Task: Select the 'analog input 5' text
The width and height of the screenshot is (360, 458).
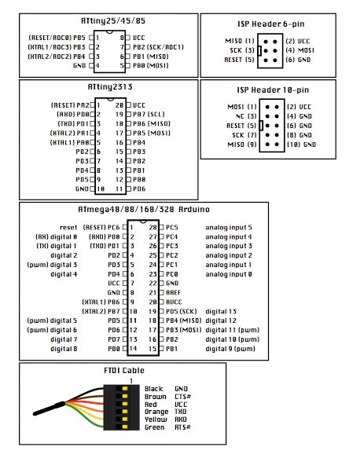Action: [230, 226]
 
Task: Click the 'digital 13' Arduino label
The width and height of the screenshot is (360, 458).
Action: [221, 310]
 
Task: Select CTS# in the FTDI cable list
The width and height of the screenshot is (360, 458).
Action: [183, 397]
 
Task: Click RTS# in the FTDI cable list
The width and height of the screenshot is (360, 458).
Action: [183, 427]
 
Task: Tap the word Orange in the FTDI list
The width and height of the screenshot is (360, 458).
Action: [156, 412]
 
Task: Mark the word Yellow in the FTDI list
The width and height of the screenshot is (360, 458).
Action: [156, 420]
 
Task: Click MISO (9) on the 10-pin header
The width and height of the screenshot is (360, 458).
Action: [241, 145]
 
